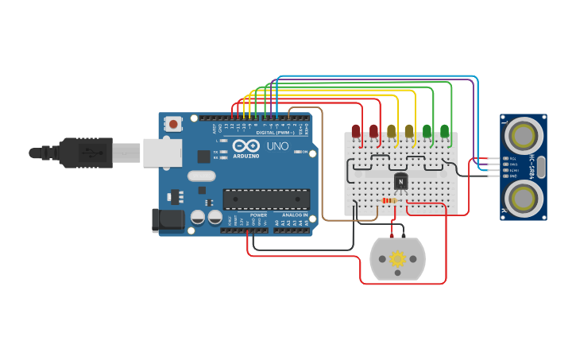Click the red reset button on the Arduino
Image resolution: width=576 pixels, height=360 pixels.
[173, 123]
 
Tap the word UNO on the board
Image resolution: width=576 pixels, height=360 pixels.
[277, 146]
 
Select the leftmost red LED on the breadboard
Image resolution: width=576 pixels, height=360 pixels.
[356, 131]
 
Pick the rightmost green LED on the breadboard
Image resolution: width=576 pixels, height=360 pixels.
[445, 130]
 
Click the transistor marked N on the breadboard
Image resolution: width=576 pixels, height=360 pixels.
[400, 182]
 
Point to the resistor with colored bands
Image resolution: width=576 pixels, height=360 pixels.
[389, 200]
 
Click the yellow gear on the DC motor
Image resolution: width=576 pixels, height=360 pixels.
[397, 258]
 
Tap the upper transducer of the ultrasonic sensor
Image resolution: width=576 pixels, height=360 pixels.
[523, 136]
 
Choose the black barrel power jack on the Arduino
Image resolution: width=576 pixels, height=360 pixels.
[168, 220]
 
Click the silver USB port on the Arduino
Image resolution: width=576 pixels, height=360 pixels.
[162, 153]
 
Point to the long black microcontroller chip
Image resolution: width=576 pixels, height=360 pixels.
[265, 199]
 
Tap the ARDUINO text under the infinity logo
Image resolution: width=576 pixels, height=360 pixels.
[246, 156]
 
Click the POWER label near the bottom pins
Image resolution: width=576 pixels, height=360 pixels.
[259, 215]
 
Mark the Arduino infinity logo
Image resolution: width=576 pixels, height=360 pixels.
[246, 146]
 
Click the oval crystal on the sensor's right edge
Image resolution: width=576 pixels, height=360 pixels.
[541, 167]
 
